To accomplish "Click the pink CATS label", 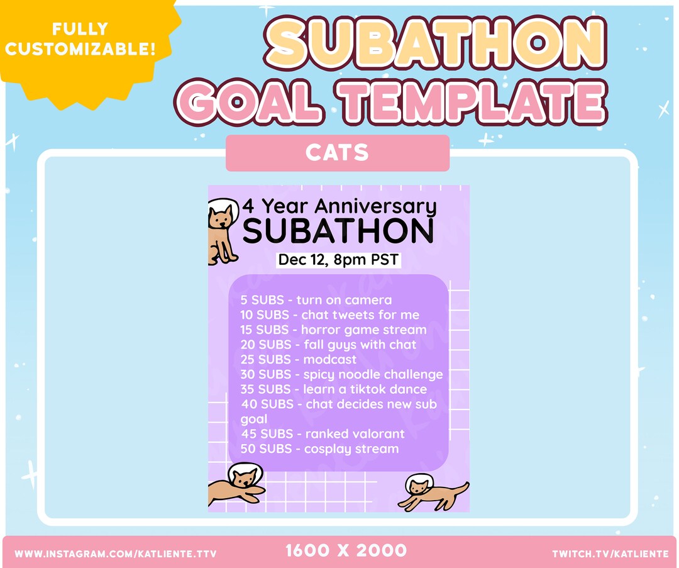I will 338,153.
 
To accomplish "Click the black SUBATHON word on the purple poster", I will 338,231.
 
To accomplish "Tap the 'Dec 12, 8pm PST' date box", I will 339,259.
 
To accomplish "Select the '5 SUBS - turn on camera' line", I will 316,300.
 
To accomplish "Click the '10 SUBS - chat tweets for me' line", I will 329,315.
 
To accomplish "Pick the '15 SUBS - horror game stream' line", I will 333,330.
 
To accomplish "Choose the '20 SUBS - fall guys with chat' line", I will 328,345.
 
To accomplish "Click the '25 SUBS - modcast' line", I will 298,360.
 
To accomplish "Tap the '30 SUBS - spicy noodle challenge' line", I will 341,374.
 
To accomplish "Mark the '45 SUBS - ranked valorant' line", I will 323,434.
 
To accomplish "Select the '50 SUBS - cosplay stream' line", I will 320,449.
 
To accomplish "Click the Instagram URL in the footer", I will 115,554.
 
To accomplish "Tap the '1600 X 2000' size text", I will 346,551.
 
